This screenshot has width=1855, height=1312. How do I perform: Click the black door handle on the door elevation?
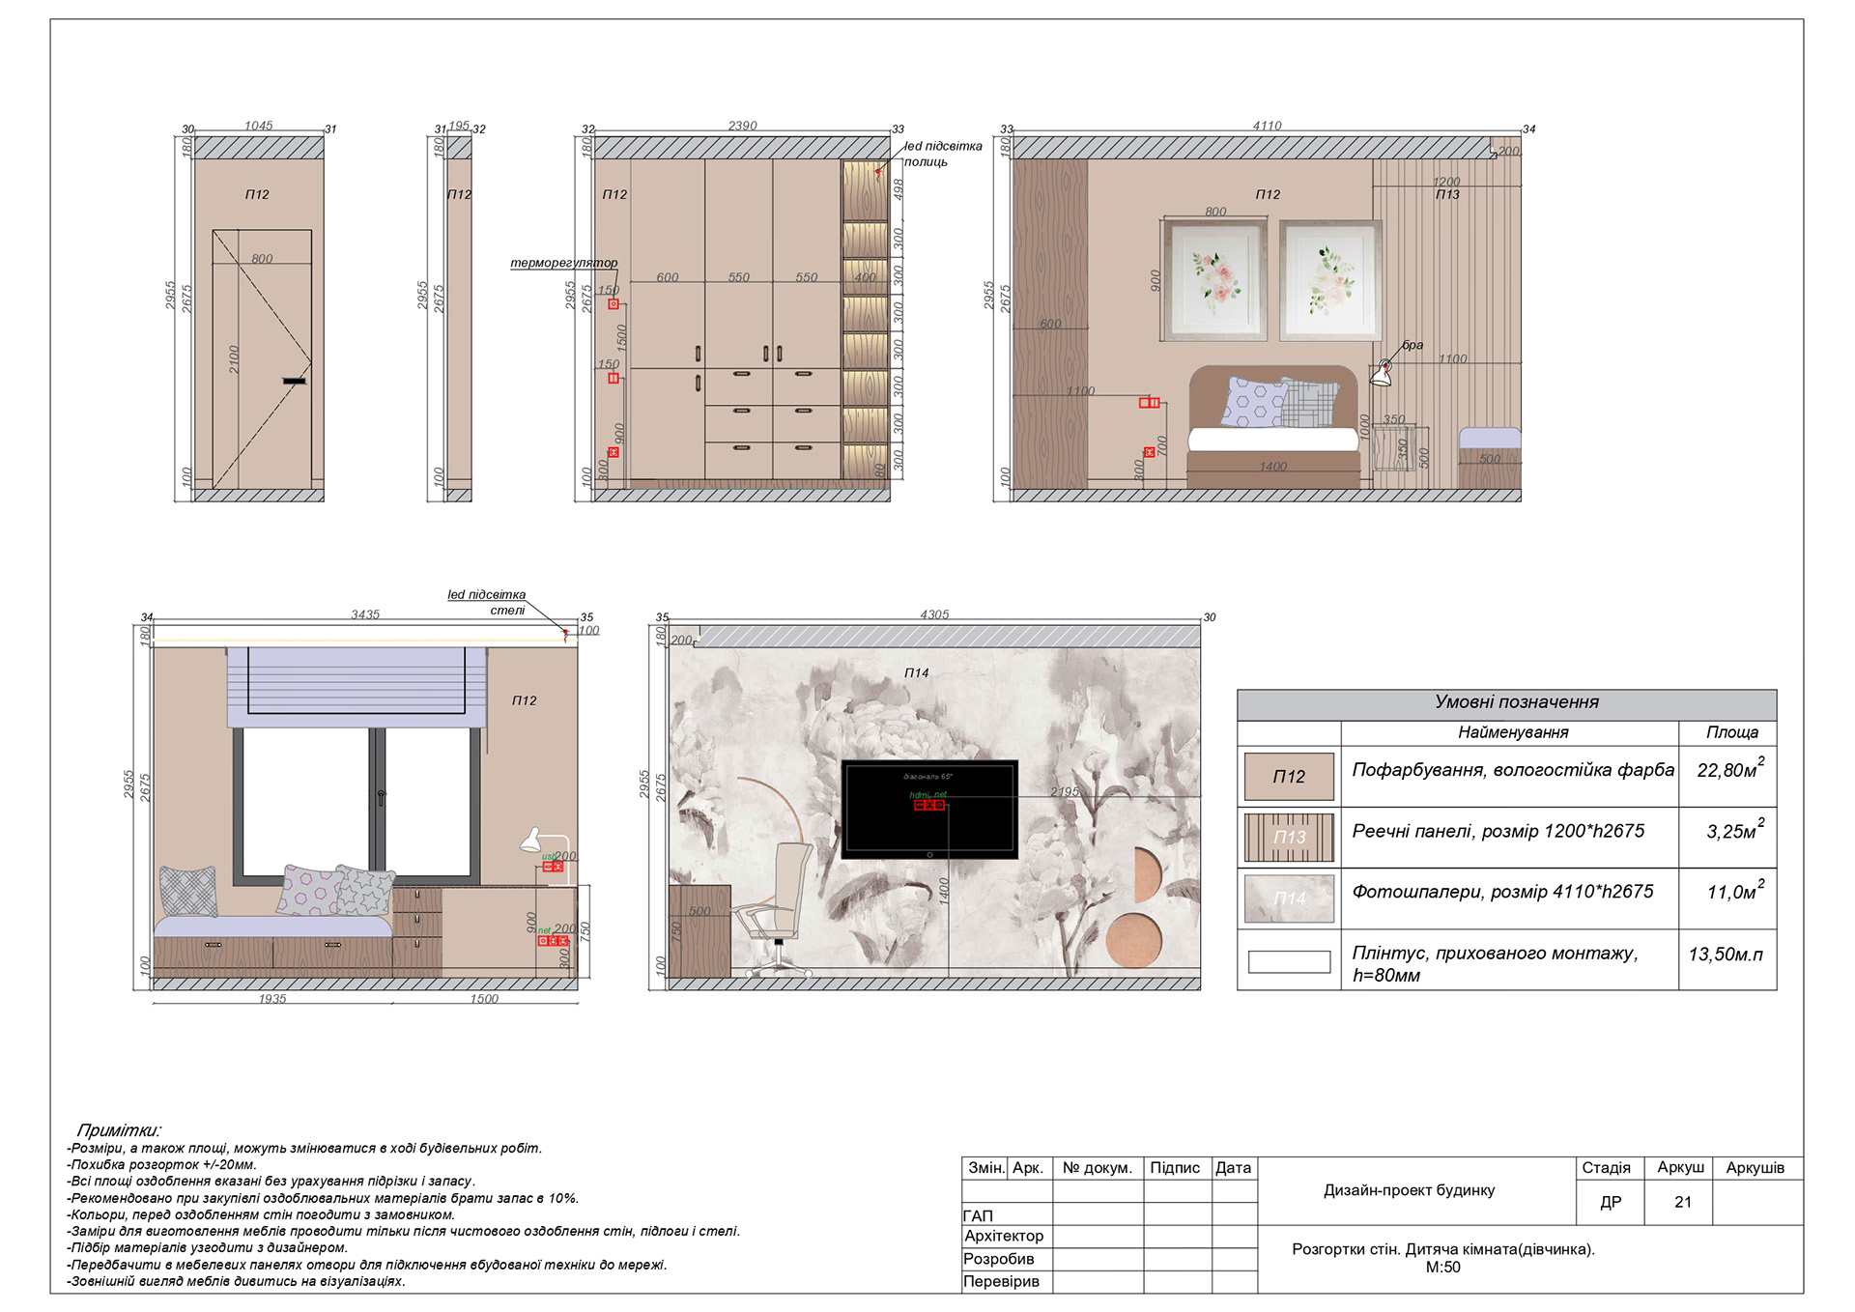[295, 382]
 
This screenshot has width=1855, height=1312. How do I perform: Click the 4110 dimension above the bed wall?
[1267, 126]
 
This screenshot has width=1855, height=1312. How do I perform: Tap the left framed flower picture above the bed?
[1215, 280]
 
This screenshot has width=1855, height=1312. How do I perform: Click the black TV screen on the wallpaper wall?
[929, 810]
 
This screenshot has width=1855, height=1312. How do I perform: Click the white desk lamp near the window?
[532, 841]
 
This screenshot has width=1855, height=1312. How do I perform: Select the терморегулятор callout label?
[563, 263]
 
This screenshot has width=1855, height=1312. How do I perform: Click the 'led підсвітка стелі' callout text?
[487, 602]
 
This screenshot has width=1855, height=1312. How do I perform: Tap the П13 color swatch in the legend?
[1289, 838]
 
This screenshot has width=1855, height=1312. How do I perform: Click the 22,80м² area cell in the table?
[1727, 771]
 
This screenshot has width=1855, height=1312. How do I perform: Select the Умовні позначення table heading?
[1516, 702]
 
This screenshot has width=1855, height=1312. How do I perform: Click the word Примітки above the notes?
[119, 1130]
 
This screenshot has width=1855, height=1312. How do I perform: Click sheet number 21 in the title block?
[1683, 1203]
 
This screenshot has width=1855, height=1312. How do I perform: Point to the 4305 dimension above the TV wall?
[934, 614]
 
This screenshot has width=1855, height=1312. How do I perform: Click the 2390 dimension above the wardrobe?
[742, 126]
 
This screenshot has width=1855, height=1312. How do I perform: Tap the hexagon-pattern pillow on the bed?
[1253, 403]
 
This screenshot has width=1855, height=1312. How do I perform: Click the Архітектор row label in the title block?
[1004, 1236]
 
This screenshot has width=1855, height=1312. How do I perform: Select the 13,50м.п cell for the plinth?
[1726, 955]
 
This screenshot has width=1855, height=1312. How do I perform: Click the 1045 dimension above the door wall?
[258, 126]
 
